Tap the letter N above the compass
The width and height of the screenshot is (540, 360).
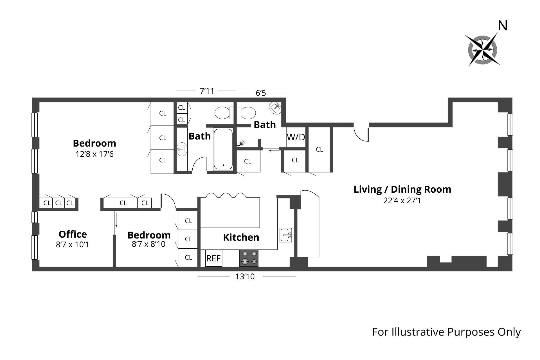503,26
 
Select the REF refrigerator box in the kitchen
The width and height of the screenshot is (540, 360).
213,258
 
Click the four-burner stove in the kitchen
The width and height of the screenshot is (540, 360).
249,258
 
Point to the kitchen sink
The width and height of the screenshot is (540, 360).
286,235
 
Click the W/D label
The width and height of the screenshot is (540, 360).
296,137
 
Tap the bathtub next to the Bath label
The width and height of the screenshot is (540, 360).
223,149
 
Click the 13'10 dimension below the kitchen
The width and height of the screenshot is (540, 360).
245,276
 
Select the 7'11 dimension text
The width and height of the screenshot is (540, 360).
207,91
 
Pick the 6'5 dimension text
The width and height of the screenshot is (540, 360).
261,93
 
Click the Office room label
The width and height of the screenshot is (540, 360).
73,234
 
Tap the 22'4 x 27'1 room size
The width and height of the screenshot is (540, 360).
402,201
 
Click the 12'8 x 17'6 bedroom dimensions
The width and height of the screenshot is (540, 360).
94,154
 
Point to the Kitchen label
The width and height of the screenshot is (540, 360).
241,237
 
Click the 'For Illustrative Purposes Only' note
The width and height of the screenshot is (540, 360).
446,332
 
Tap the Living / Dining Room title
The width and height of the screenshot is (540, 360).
402,189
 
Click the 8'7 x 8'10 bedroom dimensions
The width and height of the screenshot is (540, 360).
149,244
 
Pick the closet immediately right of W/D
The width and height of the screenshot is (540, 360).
319,149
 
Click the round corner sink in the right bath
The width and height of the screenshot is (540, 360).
275,108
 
